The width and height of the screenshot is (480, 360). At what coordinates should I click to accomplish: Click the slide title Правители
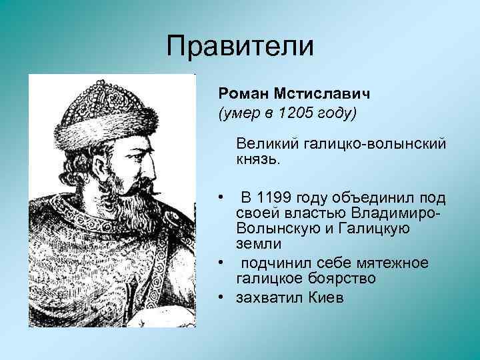pyautogui.click(x=239, y=47)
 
